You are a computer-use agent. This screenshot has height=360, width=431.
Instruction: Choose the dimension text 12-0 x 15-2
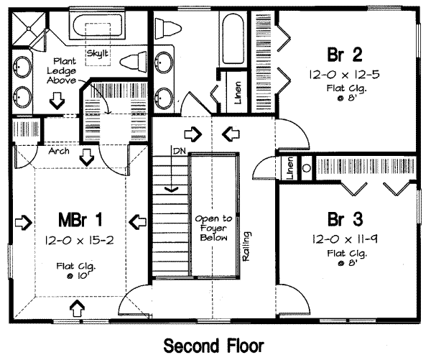tap(78, 239)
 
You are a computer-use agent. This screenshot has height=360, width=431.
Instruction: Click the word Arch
tap(58, 152)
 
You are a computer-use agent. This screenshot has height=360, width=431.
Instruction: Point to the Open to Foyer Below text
tap(213, 228)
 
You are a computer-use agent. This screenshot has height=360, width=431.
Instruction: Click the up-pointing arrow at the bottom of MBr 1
tap(77, 310)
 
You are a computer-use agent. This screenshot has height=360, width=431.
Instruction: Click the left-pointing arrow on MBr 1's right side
tap(135, 220)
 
